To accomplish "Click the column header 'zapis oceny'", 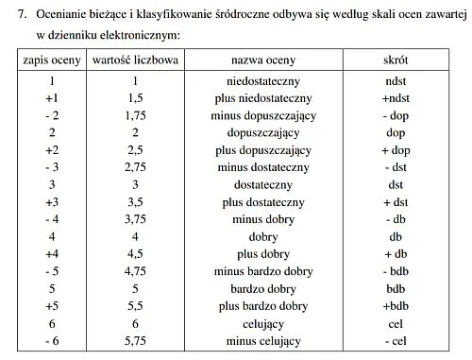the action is pos(53,60).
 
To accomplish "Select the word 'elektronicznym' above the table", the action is pos(135,35).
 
